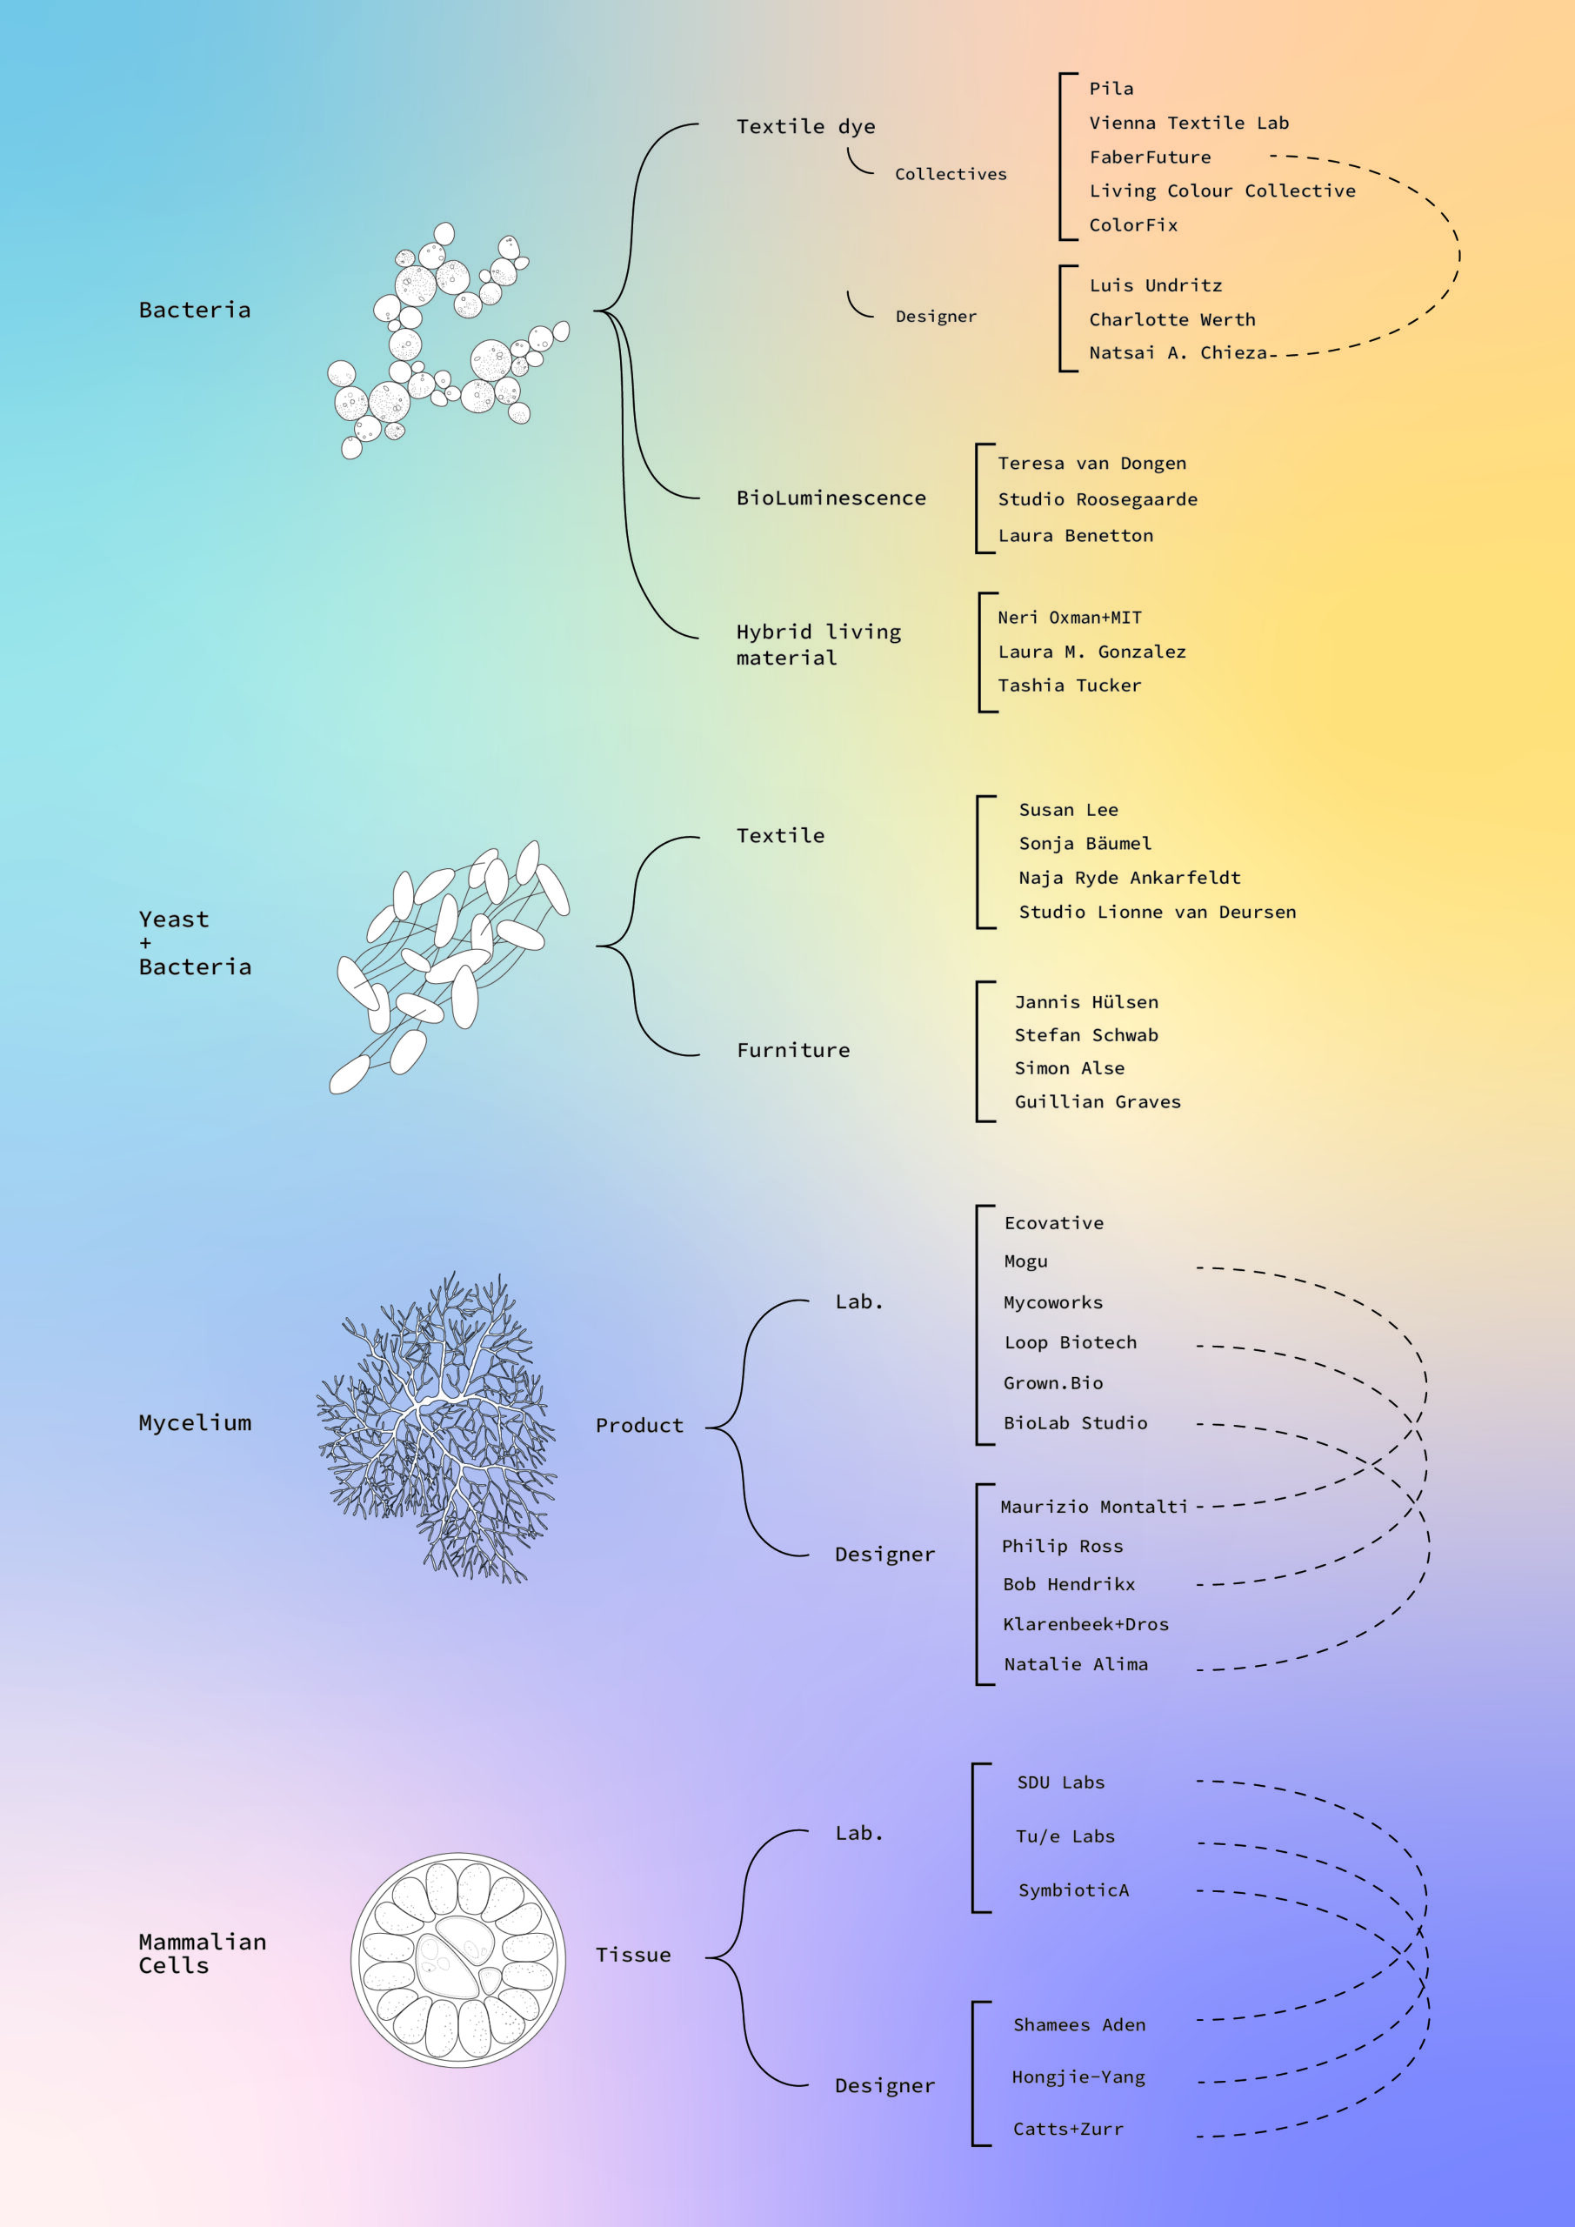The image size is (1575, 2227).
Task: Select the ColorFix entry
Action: tap(1132, 225)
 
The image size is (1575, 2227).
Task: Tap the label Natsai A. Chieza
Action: tap(1178, 353)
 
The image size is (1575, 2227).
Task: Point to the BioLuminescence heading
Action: tap(831, 498)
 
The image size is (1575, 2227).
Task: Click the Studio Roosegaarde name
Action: tap(1098, 499)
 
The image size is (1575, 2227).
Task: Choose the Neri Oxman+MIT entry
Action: tap(1070, 618)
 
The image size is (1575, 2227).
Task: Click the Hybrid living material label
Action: tap(818, 644)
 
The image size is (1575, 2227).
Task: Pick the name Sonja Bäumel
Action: tap(1085, 844)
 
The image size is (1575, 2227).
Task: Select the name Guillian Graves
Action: tap(1098, 1102)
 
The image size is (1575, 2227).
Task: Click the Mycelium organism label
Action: tap(195, 1423)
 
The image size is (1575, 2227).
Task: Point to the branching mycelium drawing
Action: tap(437, 1426)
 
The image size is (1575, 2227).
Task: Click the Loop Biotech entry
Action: tap(1070, 1342)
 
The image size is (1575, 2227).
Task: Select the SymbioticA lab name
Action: tap(1073, 1889)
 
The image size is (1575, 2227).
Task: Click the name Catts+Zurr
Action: tap(1068, 2129)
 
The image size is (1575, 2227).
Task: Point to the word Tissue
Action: tap(633, 1955)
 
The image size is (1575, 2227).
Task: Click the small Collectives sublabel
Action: tap(951, 175)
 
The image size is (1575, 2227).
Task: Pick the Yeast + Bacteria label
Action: tap(195, 943)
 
